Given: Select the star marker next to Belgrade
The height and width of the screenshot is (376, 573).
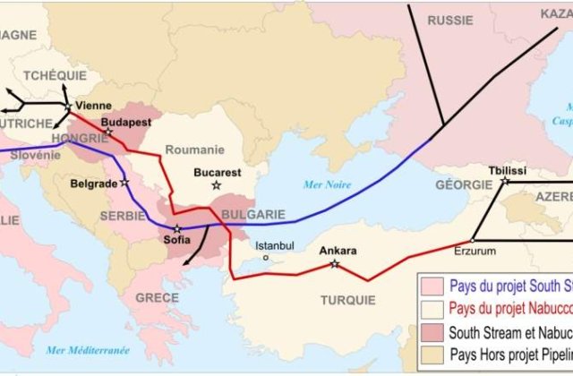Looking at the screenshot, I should [x=124, y=183].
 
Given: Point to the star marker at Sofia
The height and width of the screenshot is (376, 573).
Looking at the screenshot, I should [x=176, y=229].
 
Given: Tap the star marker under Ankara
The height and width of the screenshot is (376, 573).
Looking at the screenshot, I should [x=334, y=264].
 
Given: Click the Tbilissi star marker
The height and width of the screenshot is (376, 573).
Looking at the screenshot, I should [x=505, y=182].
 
